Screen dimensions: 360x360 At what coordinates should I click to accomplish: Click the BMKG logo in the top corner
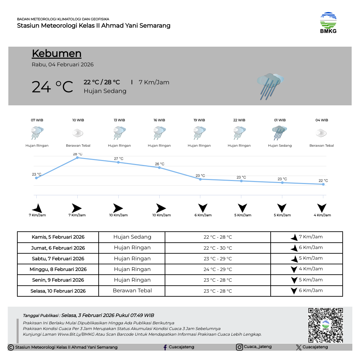[x=328, y=23]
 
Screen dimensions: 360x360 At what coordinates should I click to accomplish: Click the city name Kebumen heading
[x=57, y=54]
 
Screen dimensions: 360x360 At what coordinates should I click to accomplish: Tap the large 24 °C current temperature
[x=52, y=87]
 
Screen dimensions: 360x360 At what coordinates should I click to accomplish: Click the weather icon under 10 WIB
[x=78, y=133]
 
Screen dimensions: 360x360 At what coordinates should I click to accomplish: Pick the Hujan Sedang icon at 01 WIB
[x=279, y=133]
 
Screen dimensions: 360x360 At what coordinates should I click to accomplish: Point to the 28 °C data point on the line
[x=77, y=158]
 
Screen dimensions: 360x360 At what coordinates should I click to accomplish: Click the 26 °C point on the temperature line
[x=159, y=168]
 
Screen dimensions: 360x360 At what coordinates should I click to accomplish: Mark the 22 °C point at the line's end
[x=323, y=184]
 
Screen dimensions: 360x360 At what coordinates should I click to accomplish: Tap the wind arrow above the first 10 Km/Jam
[x=118, y=208]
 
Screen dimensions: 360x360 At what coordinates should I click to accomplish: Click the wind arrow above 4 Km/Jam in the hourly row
[x=322, y=208]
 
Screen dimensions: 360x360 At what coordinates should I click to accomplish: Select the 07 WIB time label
[x=37, y=120]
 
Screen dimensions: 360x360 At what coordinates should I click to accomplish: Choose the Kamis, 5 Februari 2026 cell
[x=58, y=237]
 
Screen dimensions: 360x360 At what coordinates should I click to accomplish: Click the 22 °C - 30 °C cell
[x=218, y=248]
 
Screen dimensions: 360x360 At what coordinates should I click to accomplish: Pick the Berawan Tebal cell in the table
[x=132, y=291]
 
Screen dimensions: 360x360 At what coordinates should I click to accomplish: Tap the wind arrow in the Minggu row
[x=294, y=269]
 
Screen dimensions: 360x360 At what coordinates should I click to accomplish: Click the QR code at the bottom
[x=325, y=325]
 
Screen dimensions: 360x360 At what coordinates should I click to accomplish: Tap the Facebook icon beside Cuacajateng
[x=165, y=347]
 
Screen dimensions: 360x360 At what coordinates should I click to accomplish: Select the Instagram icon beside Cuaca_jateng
[x=239, y=347]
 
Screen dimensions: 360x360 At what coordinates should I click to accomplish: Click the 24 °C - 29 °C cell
[x=218, y=269]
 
